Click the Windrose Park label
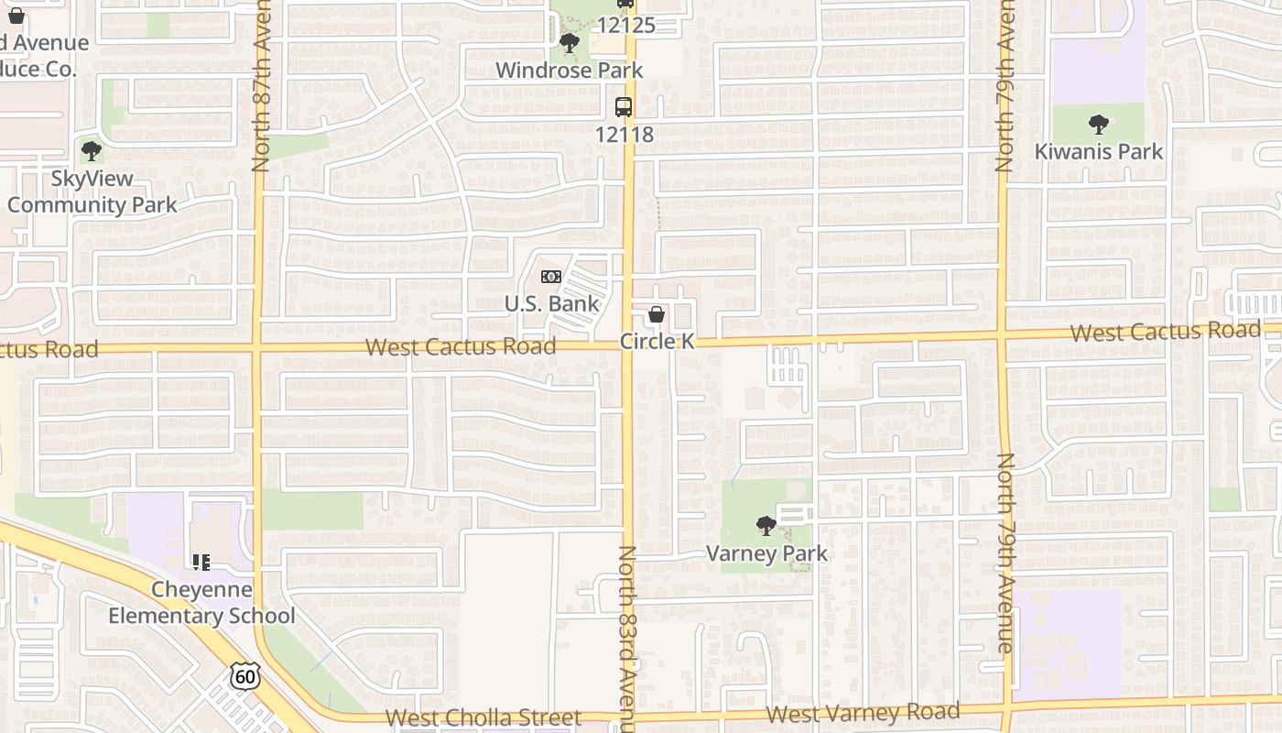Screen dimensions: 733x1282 569,70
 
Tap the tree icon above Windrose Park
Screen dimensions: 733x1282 570,43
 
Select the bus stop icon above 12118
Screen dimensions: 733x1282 624,107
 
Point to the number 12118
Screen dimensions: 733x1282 625,134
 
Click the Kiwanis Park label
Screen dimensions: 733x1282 1098,151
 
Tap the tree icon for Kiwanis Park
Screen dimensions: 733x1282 1098,125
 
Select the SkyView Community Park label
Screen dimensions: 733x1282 92,191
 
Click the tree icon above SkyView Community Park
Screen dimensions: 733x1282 91,151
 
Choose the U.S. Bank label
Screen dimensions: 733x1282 551,303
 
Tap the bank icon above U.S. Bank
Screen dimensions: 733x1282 550,277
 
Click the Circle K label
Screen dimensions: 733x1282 657,341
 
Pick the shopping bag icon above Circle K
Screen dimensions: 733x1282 657,315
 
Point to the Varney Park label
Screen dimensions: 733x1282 766,553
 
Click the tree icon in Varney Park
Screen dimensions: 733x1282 766,526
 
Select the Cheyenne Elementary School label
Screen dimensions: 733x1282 201,602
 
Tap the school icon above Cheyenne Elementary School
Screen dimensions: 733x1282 201,562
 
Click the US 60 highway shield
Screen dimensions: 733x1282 244,676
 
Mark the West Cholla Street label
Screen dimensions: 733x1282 483,717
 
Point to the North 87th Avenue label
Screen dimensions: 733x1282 261,87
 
